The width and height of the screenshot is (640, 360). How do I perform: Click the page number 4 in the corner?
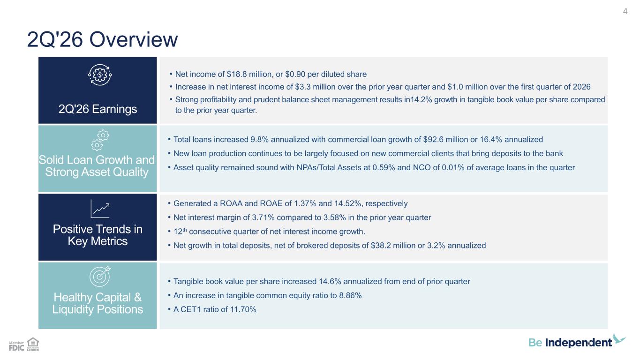tap(625, 11)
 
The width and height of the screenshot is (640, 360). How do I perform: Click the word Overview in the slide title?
tap(134, 39)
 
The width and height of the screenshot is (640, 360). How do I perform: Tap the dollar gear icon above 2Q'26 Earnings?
tap(100, 75)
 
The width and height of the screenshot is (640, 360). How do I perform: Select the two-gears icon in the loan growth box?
tap(100, 140)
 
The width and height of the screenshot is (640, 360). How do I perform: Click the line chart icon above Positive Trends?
tap(100, 209)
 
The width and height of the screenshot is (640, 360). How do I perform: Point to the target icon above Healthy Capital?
tap(100, 276)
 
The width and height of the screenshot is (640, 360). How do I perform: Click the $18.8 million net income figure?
tap(249, 74)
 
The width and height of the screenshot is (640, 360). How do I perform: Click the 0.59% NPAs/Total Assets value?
tap(384, 167)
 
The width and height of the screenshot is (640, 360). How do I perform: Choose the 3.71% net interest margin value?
tap(263, 217)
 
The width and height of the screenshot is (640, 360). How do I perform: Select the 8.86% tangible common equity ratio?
tap(350, 295)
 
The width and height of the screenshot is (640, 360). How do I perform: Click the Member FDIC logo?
tap(16, 346)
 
